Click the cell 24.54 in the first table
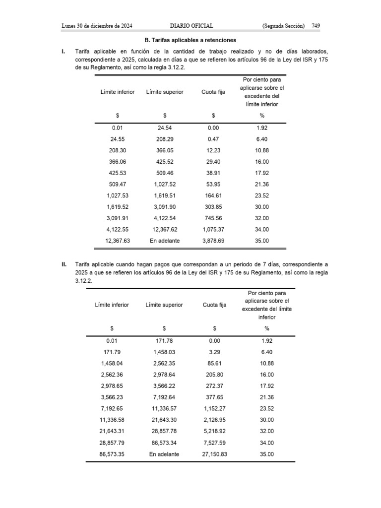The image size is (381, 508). pyautogui.click(x=164, y=127)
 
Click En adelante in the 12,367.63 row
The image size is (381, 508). pyautogui.click(x=164, y=241)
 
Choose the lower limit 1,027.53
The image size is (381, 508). pyautogui.click(x=117, y=195)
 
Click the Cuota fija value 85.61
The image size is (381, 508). pyautogui.click(x=214, y=363)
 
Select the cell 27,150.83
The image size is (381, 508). pyautogui.click(x=214, y=454)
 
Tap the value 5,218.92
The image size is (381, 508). pyautogui.click(x=214, y=431)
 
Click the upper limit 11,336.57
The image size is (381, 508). pyautogui.click(x=164, y=408)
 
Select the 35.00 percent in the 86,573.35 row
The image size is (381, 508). pyautogui.click(x=266, y=454)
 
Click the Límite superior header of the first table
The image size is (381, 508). pyautogui.click(x=165, y=92)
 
